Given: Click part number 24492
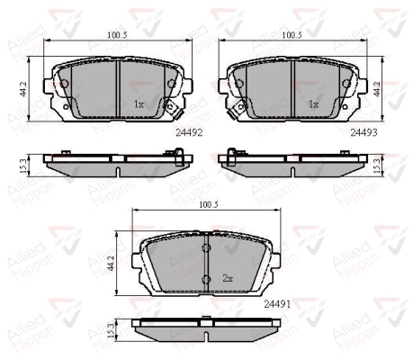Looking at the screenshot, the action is coord(189,132).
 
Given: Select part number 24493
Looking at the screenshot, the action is coord(364,132).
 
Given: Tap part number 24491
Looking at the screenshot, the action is coord(277,304).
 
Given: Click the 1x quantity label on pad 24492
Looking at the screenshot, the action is coord(139,104).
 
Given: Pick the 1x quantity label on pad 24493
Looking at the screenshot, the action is coord(313,104).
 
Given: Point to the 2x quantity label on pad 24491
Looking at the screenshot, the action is coord(228,279).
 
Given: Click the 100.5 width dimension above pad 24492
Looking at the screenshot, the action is coord(117,35).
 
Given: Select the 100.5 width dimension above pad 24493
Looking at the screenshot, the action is coord(292,35).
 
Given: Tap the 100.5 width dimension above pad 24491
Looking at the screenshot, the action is coord(208,205).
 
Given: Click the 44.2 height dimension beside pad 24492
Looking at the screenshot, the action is coord(22,89).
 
